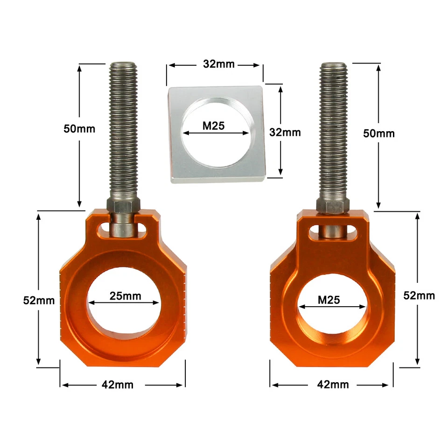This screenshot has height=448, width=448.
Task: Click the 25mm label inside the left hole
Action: [x=125, y=295]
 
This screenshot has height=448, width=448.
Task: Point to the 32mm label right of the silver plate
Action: [x=285, y=132]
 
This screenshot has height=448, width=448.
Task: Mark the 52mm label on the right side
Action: [x=419, y=295]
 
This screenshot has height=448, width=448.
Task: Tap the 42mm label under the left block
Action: [x=118, y=385]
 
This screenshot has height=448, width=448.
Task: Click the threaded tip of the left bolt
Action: [x=123, y=70]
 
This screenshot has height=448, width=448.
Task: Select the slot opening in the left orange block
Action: [x=123, y=231]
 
